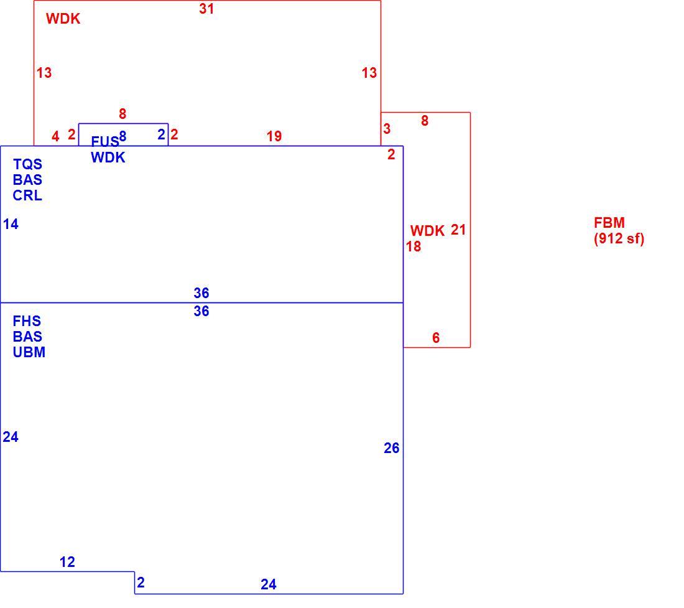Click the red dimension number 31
coord(206,9)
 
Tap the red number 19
coord(274,136)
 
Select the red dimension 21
coord(458,230)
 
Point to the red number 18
coord(414,246)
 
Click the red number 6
coord(436,337)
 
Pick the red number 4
coord(55,137)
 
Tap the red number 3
coord(387,129)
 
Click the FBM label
coord(609,223)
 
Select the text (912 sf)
coord(619,239)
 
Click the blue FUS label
coord(104,141)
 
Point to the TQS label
coord(27,164)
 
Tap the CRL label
coord(27,195)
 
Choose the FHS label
coord(27,321)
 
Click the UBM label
coord(29,352)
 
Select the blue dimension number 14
coord(11,224)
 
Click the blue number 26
coord(392,448)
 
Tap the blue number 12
coord(67,562)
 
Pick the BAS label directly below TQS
coord(27,180)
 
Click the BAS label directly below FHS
coord(27,337)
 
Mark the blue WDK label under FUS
coord(108,157)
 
